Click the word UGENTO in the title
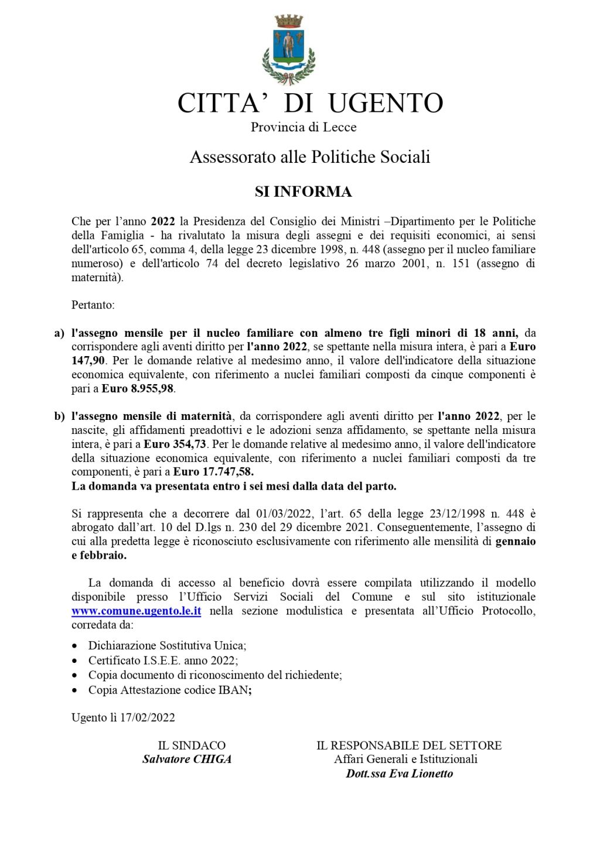(x=385, y=104)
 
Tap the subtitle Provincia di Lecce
(x=304, y=127)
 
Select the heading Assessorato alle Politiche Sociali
(x=310, y=157)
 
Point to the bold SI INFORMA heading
(x=303, y=192)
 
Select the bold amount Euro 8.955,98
(x=138, y=388)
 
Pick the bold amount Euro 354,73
(x=175, y=444)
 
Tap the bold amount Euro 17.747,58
(x=213, y=472)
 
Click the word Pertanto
(x=93, y=305)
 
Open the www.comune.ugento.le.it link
(x=137, y=611)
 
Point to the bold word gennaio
(x=515, y=542)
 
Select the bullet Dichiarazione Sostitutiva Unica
(x=167, y=645)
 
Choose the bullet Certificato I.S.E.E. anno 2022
(x=162, y=661)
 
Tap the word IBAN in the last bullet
(x=233, y=690)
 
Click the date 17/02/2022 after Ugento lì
(x=147, y=717)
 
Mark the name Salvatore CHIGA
(x=187, y=760)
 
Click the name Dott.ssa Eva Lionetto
(x=399, y=774)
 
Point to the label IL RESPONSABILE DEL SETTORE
(x=409, y=746)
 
